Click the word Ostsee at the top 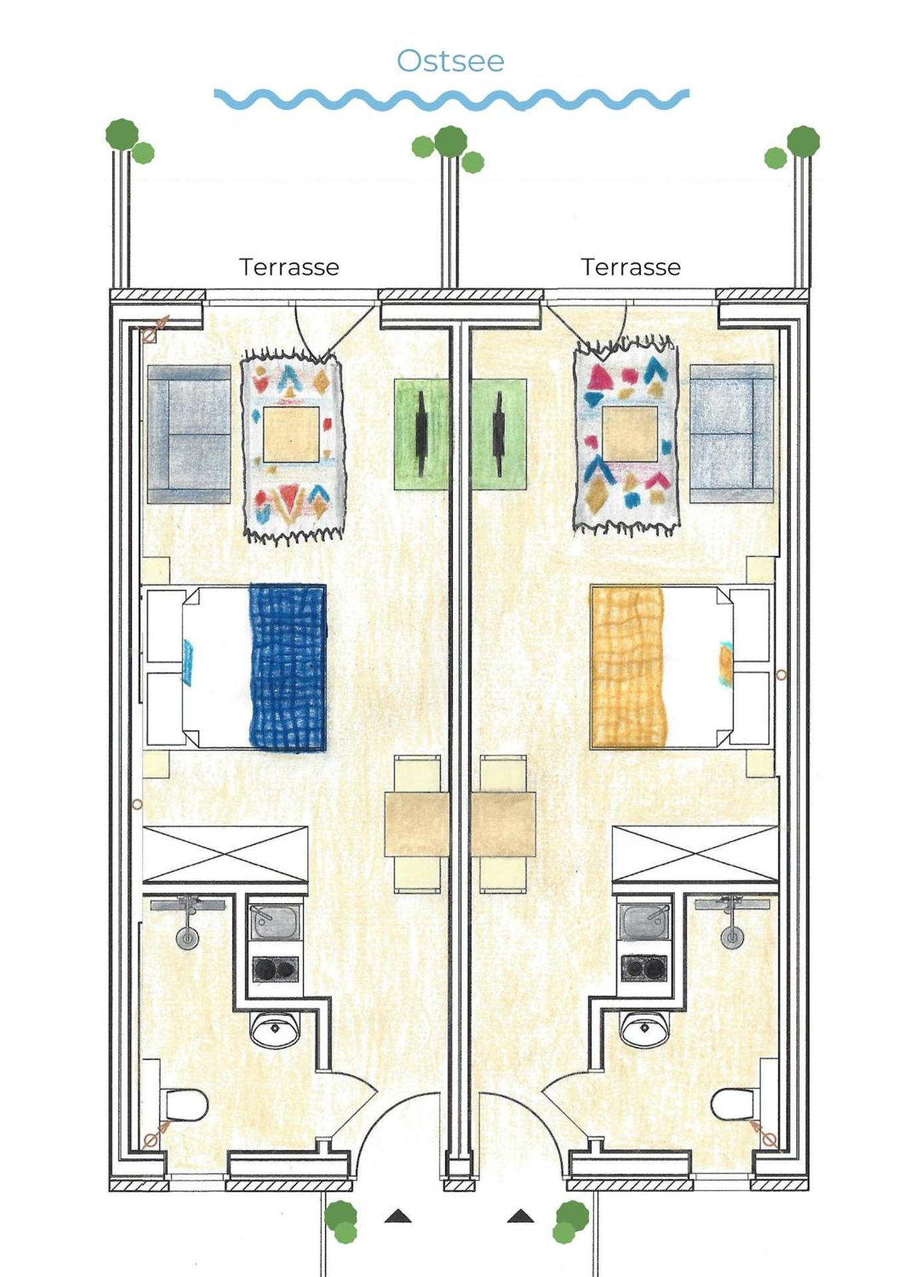coord(451,61)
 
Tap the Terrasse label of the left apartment coord(289,267)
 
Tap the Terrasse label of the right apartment coord(631,267)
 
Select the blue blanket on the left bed coord(288,667)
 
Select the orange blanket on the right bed coord(628,667)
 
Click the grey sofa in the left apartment coord(189,434)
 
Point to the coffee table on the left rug coord(291,435)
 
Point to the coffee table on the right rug coord(630,434)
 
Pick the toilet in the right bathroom coord(733,1105)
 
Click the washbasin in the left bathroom coord(275,1029)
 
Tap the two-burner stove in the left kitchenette coord(275,970)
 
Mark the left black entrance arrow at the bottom coord(398,1216)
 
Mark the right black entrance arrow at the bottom coord(520,1216)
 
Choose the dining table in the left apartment coord(416,824)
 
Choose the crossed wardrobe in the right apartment coord(695,855)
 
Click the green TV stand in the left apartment coord(421,434)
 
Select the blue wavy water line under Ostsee coord(451,99)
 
